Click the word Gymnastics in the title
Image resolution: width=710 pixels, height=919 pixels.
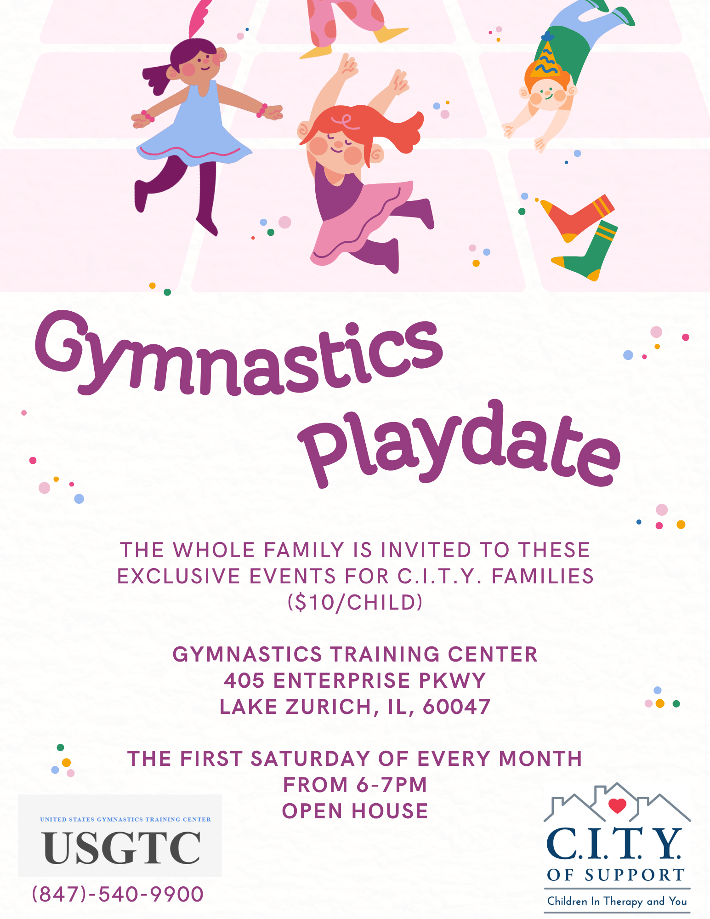239,354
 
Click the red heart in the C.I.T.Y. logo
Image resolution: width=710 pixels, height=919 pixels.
617,805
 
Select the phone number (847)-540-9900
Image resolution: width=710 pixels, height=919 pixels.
118,894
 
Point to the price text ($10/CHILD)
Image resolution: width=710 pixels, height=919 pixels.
355,602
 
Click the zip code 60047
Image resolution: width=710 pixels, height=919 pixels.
457,707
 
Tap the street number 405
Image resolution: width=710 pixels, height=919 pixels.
244,680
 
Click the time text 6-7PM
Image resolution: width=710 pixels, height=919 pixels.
392,785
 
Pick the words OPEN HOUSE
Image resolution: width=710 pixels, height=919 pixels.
355,811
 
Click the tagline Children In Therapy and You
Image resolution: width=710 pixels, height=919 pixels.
617,901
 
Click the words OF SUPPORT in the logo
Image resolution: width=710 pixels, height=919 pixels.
616,875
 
